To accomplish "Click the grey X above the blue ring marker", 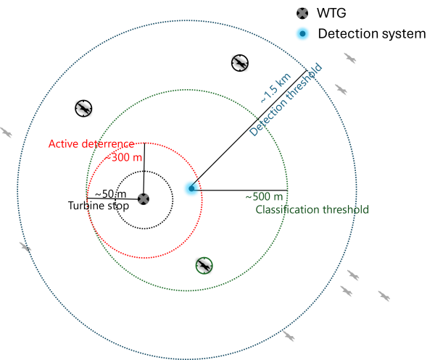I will click(302, 12).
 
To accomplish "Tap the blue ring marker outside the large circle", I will click(302, 33).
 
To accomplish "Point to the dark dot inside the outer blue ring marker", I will click(302, 33).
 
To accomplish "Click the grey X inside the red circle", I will click(144, 198).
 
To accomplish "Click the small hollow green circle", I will click(204, 266).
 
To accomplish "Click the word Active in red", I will click(62, 143).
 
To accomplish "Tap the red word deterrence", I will click(107, 143).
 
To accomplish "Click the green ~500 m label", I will click(264, 196).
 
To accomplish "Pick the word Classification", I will click(286, 210).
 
